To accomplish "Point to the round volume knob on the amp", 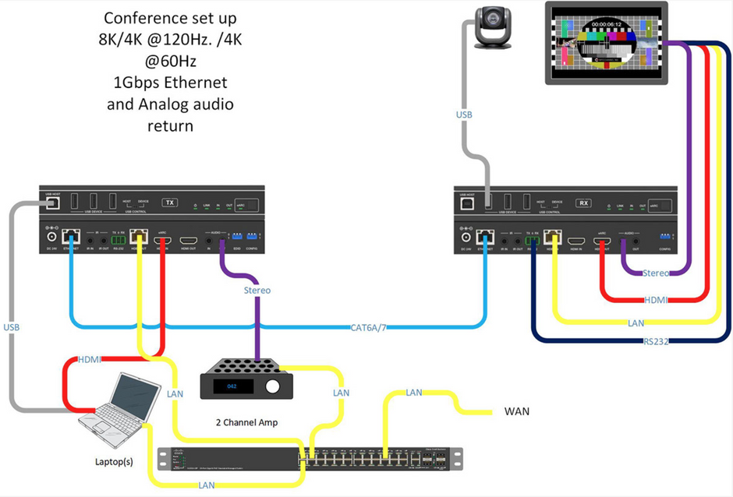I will (272, 387).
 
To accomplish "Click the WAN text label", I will (517, 411).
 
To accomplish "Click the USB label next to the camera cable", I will (465, 115).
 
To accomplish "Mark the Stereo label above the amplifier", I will (257, 290).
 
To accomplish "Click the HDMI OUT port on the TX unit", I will (188, 241).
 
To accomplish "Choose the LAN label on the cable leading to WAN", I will (416, 393).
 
